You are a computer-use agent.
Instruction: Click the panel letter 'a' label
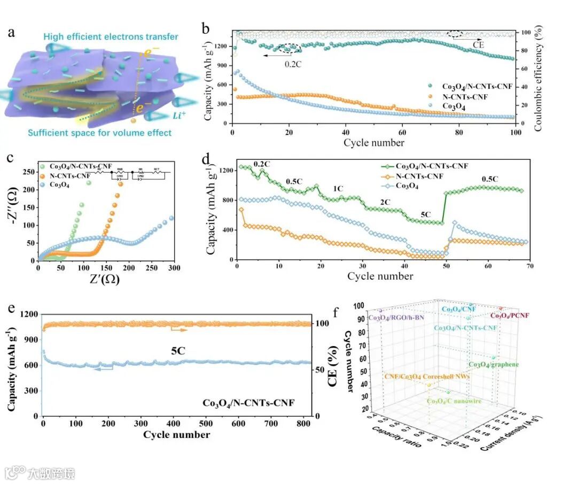(x=11, y=33)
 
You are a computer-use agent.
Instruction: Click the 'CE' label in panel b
(x=479, y=45)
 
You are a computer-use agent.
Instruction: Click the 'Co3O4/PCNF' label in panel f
(x=510, y=316)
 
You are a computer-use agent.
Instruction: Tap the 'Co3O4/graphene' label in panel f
(x=494, y=365)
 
